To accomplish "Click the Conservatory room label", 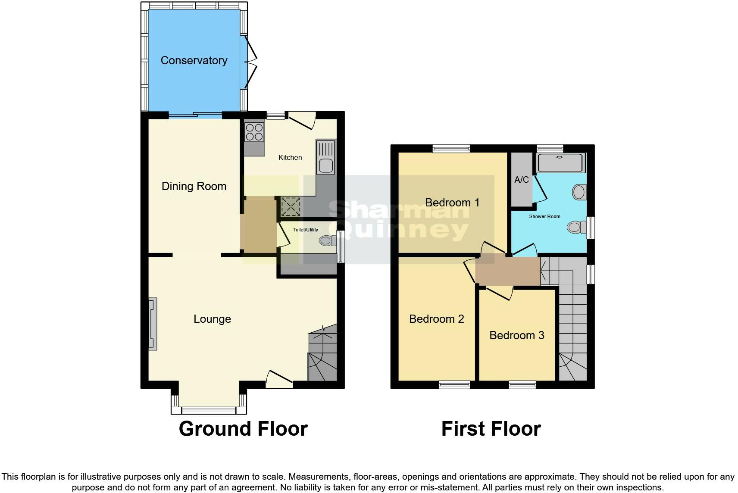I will tap(194, 60).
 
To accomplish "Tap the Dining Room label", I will tap(194, 186).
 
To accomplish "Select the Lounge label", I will tap(212, 319).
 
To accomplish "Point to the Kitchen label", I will tap(290, 157).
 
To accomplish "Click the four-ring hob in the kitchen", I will tap(254, 131).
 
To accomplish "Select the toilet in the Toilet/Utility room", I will tap(328, 240).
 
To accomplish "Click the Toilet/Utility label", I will tap(306, 230).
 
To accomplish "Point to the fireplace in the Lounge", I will tap(153, 324).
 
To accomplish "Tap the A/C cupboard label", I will tap(522, 180).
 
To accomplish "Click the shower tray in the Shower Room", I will tap(560, 163).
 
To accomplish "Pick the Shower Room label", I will tap(544, 216).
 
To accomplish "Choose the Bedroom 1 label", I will tap(452, 203).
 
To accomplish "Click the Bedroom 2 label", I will tap(436, 319).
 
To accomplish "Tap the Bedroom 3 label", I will tap(517, 335).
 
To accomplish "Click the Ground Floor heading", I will tap(243, 429).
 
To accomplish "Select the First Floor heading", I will tap(491, 429).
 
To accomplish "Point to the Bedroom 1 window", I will tap(451, 149).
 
